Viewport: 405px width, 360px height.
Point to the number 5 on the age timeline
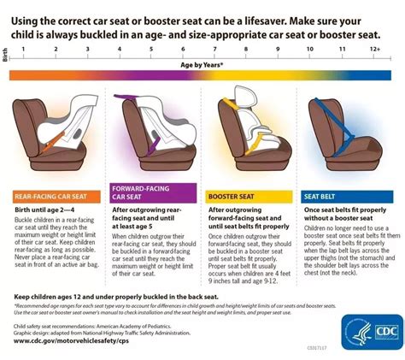tap(150, 50)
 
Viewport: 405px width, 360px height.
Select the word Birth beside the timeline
tap(6, 53)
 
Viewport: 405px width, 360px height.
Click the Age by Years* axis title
tap(202, 63)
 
